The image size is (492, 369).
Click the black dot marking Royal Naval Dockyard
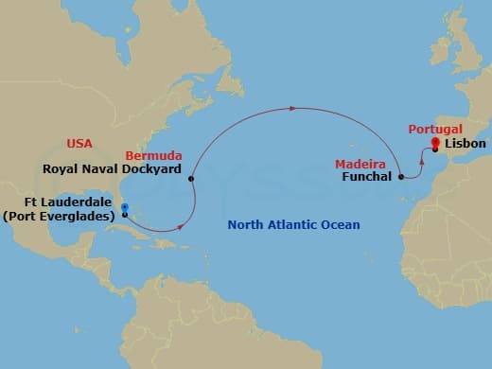tap(191, 178)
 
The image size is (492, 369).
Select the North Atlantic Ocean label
tap(294, 225)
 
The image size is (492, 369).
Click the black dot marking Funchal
tap(402, 176)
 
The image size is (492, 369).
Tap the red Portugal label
tap(435, 129)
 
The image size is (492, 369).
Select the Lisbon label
tap(464, 144)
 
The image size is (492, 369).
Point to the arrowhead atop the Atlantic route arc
tap(293, 108)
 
